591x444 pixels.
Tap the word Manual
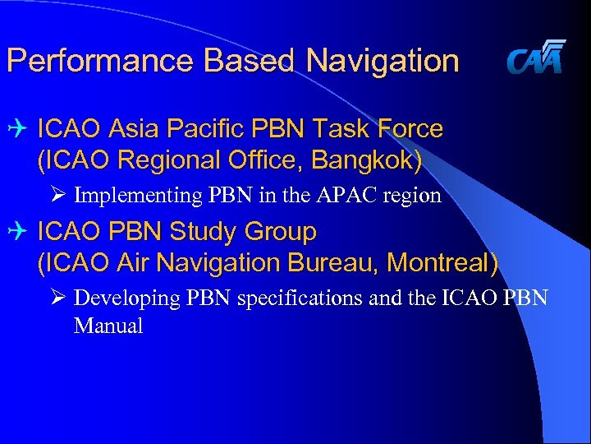[x=108, y=326]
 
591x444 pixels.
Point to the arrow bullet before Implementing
[x=57, y=196]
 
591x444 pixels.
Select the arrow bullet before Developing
[x=57, y=298]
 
